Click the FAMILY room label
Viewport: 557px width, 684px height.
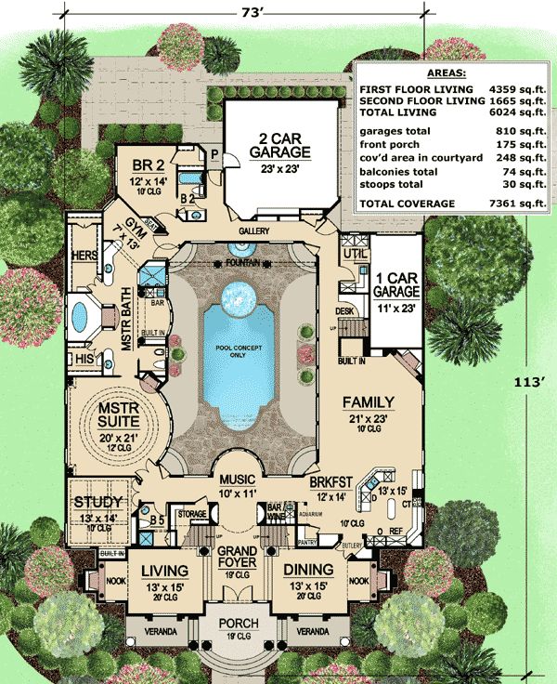(x=369, y=402)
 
